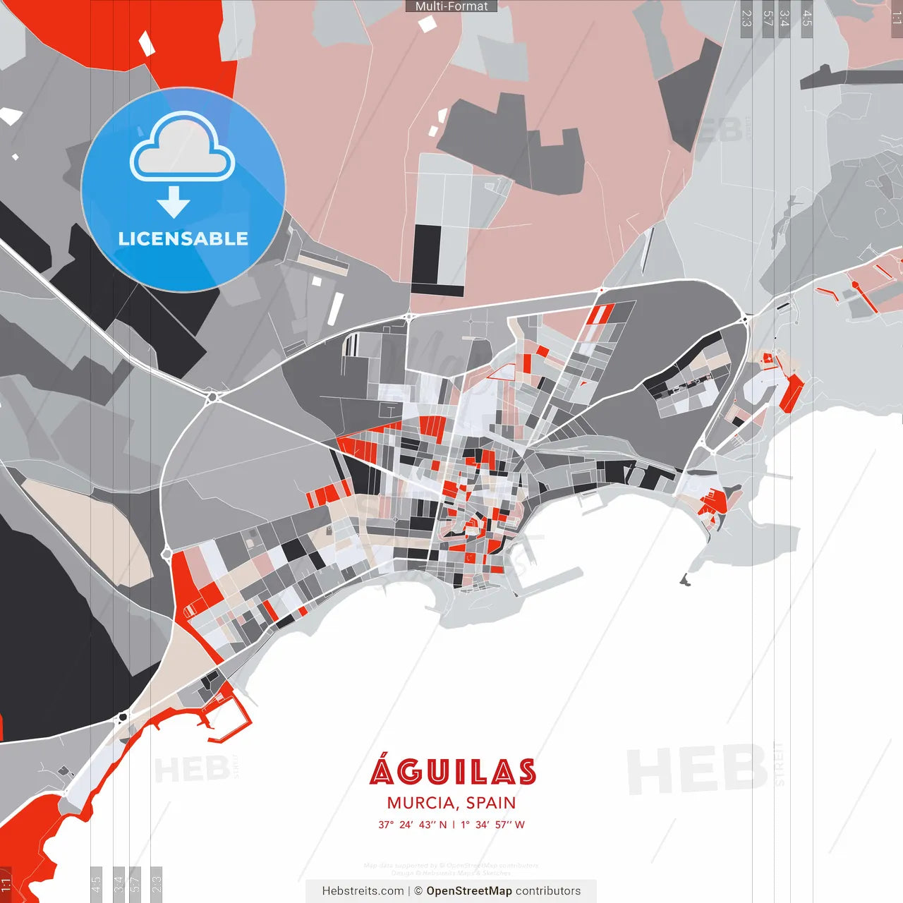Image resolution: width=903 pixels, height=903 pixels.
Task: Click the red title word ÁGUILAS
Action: (x=452, y=772)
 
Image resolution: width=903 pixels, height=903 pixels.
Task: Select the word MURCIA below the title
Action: (x=420, y=803)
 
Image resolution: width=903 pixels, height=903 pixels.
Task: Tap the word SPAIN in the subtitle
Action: (x=491, y=803)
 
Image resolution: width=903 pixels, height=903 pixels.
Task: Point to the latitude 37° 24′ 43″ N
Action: (x=413, y=825)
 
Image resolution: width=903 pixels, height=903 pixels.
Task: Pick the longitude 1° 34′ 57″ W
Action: (x=493, y=825)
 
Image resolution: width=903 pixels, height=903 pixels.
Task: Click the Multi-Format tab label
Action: (x=451, y=6)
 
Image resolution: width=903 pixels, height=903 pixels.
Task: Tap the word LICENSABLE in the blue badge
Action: (x=183, y=238)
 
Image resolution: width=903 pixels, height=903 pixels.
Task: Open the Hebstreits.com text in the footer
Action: (x=363, y=891)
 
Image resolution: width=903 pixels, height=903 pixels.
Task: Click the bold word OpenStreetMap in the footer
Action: (x=469, y=891)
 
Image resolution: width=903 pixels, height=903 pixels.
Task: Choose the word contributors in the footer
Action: (x=548, y=891)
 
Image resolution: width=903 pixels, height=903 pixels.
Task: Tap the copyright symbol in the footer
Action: (x=418, y=891)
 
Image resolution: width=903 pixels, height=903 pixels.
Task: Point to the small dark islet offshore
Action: (x=684, y=581)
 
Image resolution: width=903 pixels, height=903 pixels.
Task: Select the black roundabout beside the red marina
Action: (x=123, y=718)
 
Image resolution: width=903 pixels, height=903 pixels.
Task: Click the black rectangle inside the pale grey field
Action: (x=426, y=254)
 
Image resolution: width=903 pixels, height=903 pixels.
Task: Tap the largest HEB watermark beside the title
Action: (x=696, y=769)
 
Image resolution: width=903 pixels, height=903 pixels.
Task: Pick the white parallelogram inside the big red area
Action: (x=145, y=44)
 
